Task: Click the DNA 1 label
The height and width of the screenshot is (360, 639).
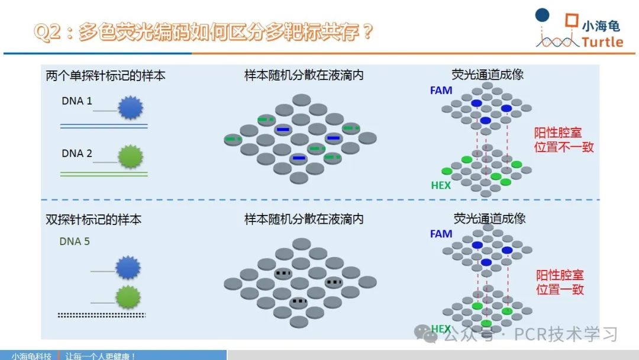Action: (76, 101)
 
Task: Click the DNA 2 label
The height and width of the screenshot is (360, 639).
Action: (76, 153)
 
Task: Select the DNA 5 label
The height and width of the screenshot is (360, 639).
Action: (75, 242)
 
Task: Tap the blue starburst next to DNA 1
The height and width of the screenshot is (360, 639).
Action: (130, 107)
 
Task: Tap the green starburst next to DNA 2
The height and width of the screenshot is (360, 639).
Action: (130, 156)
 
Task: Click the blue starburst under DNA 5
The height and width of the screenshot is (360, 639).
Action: (128, 268)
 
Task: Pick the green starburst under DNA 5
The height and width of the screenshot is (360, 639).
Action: (128, 297)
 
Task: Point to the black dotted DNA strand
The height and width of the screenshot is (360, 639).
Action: (102, 315)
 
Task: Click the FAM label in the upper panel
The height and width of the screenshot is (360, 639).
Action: (441, 90)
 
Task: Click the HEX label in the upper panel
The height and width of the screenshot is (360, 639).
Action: (441, 185)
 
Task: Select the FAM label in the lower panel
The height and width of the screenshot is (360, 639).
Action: (441, 234)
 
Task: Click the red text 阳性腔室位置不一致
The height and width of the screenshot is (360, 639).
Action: (564, 140)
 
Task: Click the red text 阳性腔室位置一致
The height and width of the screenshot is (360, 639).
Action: (560, 282)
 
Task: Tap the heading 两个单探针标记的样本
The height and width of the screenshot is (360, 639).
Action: (105, 76)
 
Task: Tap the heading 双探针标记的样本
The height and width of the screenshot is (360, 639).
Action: (93, 220)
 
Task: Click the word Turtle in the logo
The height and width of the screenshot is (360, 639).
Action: (602, 42)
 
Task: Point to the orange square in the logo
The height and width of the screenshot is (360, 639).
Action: (572, 20)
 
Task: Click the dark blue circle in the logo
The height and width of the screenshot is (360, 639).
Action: (542, 15)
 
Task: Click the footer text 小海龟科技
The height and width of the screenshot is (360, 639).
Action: (31, 356)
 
